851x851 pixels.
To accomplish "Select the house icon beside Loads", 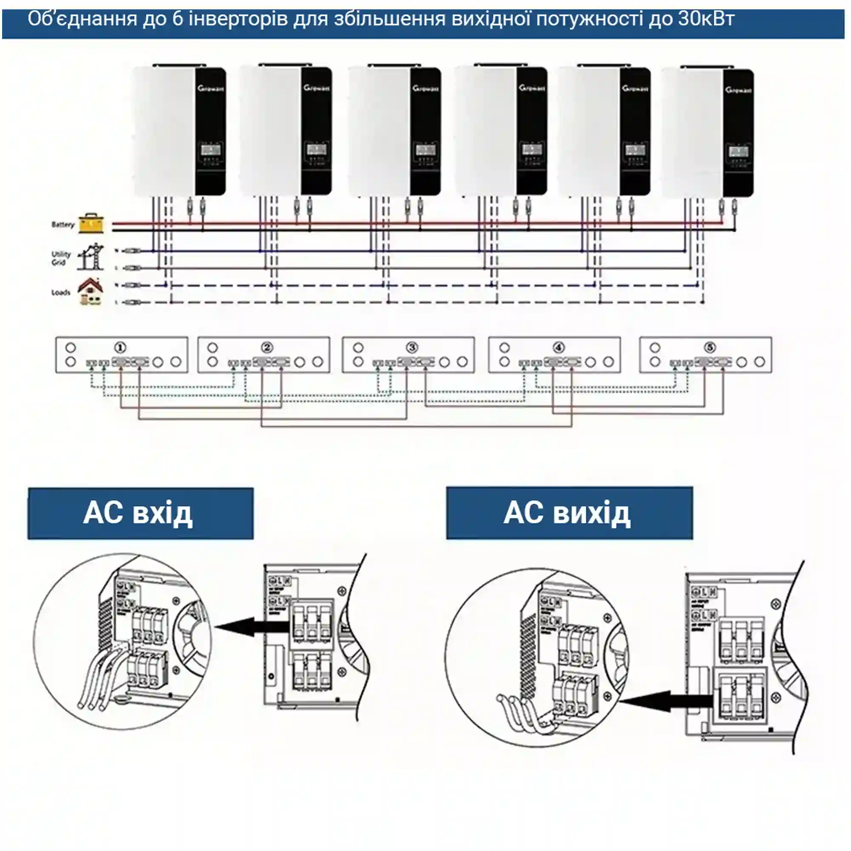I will coord(91,291).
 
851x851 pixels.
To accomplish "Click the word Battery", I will coord(63,225).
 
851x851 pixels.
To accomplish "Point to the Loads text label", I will coord(61,292).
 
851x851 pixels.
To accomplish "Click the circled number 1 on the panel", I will coord(120,348).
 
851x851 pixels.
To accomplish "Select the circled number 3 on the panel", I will coord(412,348).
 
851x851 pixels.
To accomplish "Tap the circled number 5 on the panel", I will coord(710,348).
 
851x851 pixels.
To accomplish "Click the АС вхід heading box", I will coord(140,513).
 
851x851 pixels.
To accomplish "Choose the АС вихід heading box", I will coord(569,513).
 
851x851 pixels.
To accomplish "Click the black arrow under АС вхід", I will coord(251,626).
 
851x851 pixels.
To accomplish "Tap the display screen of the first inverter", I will coord(211,150).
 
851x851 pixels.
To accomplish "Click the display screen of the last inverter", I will coord(738,152).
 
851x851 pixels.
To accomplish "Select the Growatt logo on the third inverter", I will coord(425,89).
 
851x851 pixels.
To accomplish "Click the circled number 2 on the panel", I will coord(267,348).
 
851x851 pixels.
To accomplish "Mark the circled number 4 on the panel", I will coord(559,348).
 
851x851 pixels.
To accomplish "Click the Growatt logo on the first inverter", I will coord(211,89).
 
